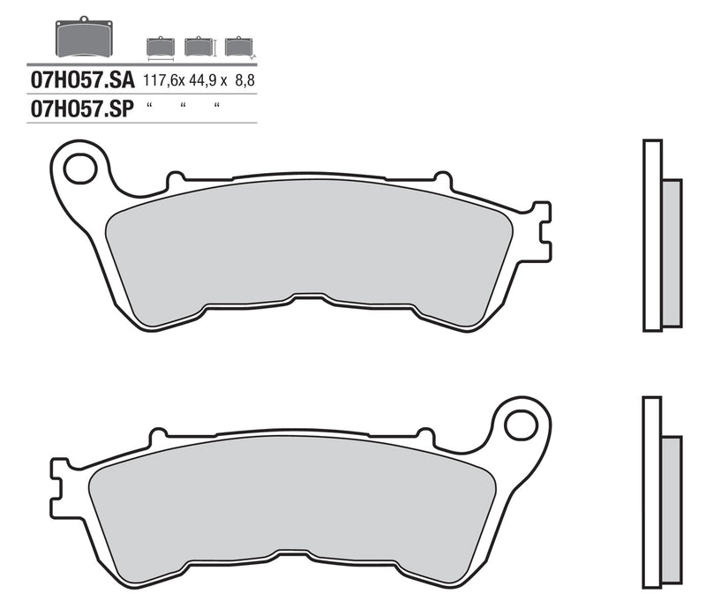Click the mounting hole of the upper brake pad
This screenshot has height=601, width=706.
(80, 168)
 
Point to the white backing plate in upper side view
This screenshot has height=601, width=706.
(652, 237)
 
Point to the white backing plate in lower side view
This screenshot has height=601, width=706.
(651, 494)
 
